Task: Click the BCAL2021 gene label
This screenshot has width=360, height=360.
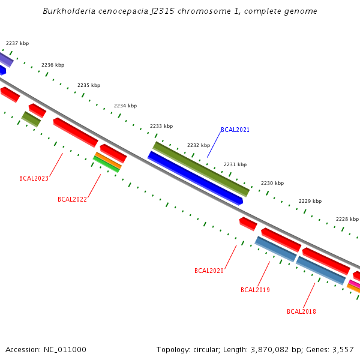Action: coord(235,130)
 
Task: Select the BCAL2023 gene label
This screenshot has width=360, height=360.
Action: coord(34,178)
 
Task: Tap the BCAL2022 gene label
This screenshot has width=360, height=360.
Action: coord(72,199)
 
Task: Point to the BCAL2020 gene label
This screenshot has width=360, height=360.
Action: coord(209,271)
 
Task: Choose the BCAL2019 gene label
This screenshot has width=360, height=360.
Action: coord(255,290)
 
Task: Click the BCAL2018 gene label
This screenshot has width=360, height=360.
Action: coord(301,311)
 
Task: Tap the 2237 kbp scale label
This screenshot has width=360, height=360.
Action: coord(17,43)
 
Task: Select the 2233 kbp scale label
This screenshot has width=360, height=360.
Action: coord(161,126)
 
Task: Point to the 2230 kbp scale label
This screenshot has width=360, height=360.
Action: coord(272,183)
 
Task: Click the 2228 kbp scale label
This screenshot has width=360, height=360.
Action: coord(347,219)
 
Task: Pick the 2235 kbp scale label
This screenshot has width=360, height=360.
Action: coord(89,85)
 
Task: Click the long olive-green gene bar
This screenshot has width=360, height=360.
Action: coord(201,169)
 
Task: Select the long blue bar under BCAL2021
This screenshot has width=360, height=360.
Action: coord(195,178)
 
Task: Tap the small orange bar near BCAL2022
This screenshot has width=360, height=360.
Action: coord(108,160)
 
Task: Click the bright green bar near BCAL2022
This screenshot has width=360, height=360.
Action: coord(106,164)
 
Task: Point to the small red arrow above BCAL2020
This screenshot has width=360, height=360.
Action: coord(248,224)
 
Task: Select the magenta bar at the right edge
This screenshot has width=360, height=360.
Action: coord(355,284)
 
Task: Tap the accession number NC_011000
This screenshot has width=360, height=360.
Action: coord(65,349)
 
